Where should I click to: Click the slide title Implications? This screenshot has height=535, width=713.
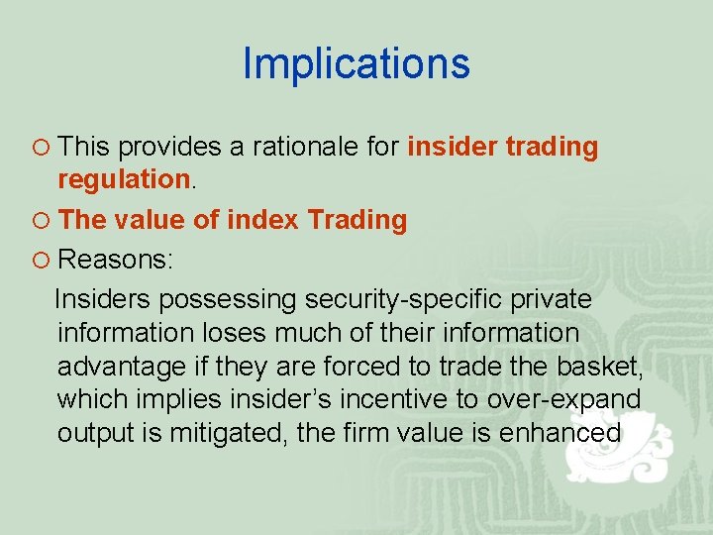click(x=356, y=64)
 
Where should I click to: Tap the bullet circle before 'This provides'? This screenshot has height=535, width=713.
click(x=41, y=148)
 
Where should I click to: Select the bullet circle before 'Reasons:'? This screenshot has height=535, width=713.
click(x=41, y=261)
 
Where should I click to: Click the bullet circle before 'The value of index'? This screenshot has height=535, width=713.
click(x=41, y=221)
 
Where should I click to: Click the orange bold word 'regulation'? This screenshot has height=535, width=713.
click(x=123, y=180)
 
